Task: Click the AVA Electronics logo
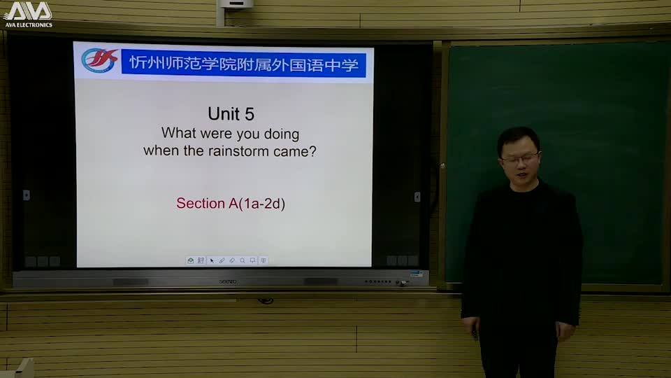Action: [28, 14]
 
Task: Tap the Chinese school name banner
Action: [244, 64]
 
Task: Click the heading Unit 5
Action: [231, 113]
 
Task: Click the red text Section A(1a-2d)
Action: [231, 204]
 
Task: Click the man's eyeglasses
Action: [519, 159]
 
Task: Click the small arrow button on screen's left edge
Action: [27, 195]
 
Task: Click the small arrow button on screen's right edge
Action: [417, 197]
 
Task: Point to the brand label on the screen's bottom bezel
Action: [228, 281]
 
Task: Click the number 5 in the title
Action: [250, 113]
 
